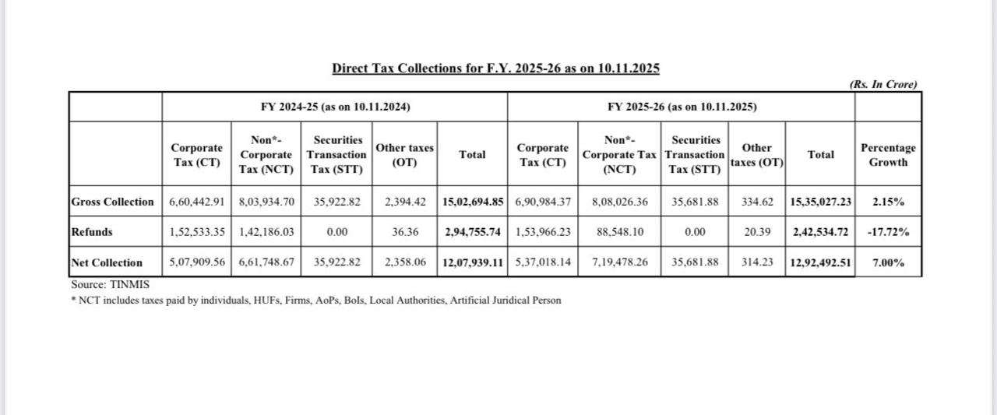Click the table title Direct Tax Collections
coord(495,69)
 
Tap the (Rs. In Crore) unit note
coord(883,84)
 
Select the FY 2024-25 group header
coord(335,107)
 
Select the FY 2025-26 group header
coord(682,107)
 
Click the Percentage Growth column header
coord(888,155)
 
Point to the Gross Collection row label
coord(113,202)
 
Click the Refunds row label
coord(92,232)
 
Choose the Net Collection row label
coord(107,262)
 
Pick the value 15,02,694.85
coord(472,202)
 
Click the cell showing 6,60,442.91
coord(197,202)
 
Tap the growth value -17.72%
coord(888,232)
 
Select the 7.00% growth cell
coord(888,262)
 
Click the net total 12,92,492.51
coord(820,262)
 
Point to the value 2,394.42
coord(405,202)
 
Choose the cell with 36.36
coord(405,232)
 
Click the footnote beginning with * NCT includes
coord(315,301)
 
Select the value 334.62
coord(757,202)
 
